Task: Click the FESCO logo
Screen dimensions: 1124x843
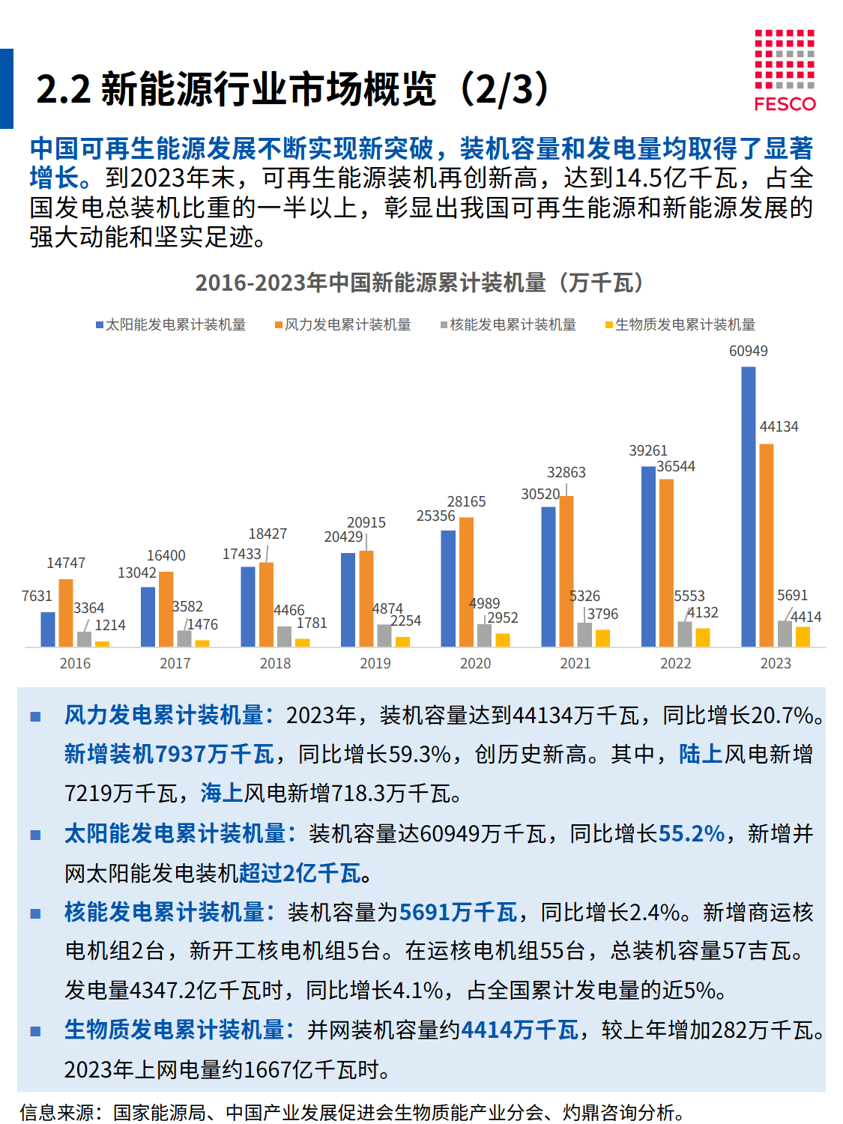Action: click(785, 71)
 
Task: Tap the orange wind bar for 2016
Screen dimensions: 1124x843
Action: click(66, 613)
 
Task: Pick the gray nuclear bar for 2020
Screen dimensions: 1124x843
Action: click(485, 635)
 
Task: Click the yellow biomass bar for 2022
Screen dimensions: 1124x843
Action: click(702, 638)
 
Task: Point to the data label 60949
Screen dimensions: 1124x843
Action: click(748, 351)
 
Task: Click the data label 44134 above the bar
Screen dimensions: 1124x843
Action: click(779, 426)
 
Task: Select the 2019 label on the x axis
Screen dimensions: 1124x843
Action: click(375, 663)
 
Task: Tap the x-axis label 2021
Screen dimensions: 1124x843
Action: click(575, 663)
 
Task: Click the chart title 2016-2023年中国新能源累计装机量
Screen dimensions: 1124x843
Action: click(420, 282)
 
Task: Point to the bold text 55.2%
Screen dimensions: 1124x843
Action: click(692, 833)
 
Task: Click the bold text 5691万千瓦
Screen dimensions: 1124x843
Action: click(458, 912)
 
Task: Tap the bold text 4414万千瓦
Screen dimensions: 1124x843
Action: click(519, 1030)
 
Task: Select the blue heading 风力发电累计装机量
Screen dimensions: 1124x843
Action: click(163, 715)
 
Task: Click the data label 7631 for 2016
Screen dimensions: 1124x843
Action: click(37, 596)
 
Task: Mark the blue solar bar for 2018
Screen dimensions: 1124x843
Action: click(248, 607)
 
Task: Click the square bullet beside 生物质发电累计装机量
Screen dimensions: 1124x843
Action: click(35, 1031)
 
